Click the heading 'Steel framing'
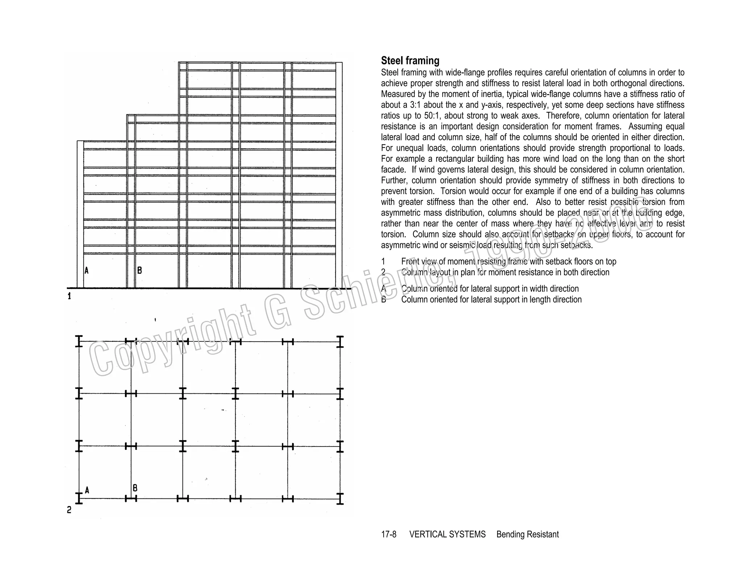click(x=410, y=60)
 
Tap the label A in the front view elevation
click(x=87, y=270)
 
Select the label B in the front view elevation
click(x=139, y=270)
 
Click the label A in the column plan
click(x=87, y=490)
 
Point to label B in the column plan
click(x=135, y=488)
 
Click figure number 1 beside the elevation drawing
click(x=69, y=296)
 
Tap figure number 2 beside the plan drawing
click(x=69, y=510)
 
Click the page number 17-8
click(x=388, y=534)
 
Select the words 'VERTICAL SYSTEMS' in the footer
click(x=447, y=534)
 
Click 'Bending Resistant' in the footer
click(x=527, y=534)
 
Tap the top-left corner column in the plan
click(x=79, y=341)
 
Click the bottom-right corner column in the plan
click(x=340, y=498)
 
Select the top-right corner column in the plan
click(x=340, y=341)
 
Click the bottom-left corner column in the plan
click(x=79, y=498)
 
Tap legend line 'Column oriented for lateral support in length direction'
click(x=491, y=300)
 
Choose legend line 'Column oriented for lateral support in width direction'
click(x=489, y=289)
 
